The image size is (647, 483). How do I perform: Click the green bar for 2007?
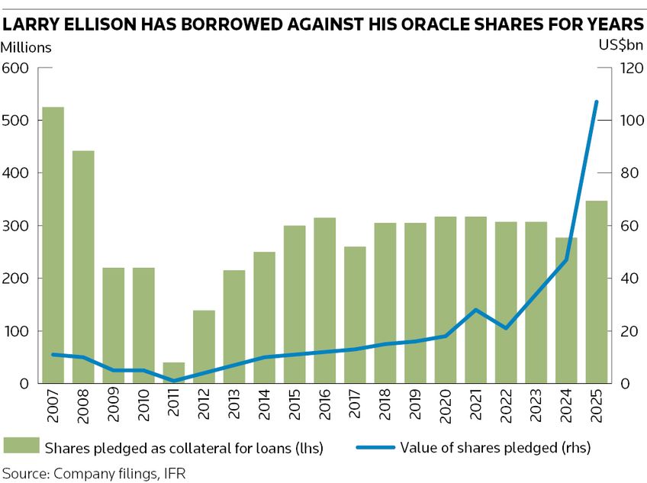[x=53, y=244]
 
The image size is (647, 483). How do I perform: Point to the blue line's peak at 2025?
[x=597, y=101]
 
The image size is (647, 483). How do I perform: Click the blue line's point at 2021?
[x=475, y=310]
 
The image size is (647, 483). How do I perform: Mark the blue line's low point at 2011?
[x=173, y=381]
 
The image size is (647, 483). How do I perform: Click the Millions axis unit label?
[x=26, y=47]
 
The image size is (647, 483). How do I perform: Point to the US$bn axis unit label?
[x=622, y=46]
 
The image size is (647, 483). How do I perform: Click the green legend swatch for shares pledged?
[x=21, y=447]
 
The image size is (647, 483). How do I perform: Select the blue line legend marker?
[x=373, y=447]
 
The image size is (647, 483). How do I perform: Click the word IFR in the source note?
[x=175, y=473]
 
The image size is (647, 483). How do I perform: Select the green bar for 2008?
[x=82, y=267]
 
